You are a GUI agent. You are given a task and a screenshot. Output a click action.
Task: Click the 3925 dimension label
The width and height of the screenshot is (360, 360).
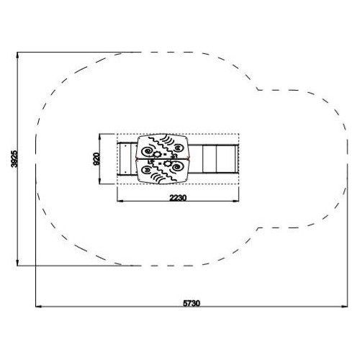(14, 158)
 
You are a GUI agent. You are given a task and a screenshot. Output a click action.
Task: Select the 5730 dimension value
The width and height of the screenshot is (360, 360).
(192, 303)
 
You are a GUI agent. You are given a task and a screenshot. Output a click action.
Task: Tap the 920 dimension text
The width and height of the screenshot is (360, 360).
(96, 159)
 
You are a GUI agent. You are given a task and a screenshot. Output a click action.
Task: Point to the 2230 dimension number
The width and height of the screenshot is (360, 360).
(178, 198)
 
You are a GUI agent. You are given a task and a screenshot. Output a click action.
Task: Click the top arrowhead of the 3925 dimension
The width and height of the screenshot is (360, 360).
(17, 55)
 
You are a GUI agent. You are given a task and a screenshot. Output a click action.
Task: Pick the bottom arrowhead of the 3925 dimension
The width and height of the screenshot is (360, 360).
(17, 263)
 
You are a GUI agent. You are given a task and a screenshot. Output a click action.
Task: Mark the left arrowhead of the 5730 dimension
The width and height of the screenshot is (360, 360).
(39, 307)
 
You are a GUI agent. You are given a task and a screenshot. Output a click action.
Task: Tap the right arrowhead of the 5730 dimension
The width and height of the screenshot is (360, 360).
(344, 307)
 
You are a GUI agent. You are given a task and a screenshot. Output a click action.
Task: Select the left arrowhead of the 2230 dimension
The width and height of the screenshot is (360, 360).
(120, 201)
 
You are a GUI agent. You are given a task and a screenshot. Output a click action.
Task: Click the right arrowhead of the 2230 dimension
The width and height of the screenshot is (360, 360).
(236, 201)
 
